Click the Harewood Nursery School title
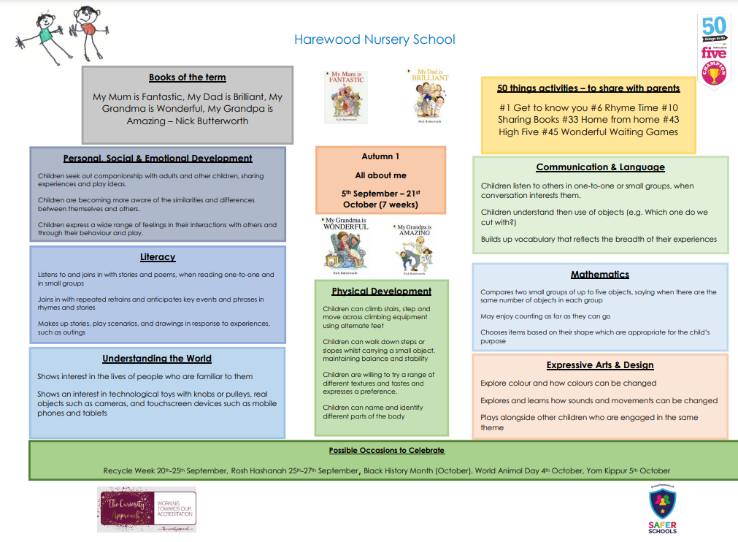[374, 39]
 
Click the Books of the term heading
[187, 77]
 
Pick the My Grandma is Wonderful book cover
[345, 246]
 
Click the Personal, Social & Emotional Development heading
[158, 158]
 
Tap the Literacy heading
[158, 257]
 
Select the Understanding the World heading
[157, 359]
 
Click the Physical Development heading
[381, 291]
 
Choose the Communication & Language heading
[600, 167]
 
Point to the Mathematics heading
[599, 275]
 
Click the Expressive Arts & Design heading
[599, 365]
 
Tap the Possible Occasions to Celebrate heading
[386, 451]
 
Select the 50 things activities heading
[588, 88]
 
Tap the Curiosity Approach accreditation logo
[147, 509]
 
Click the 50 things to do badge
[714, 52]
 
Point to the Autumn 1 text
[380, 156]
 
